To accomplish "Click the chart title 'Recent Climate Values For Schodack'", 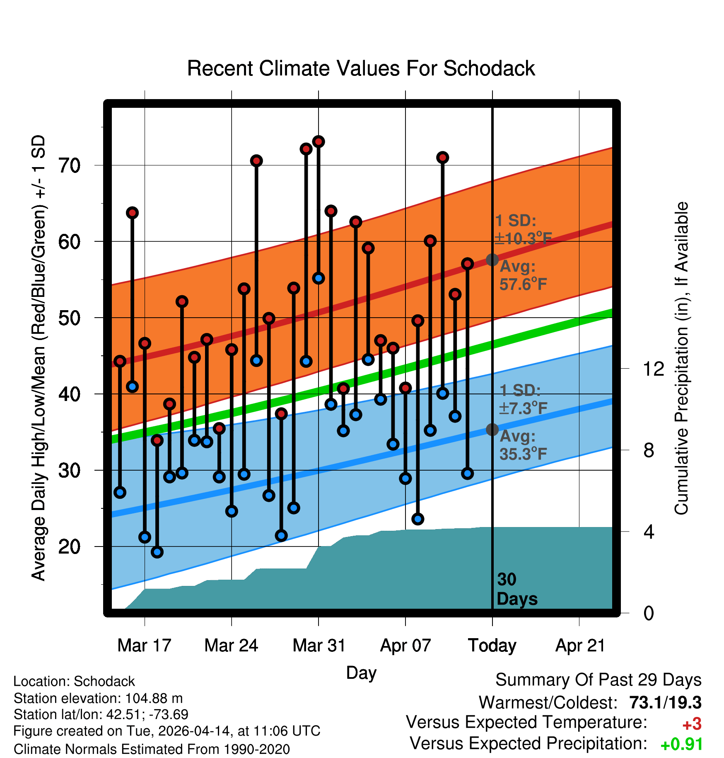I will tap(361, 68).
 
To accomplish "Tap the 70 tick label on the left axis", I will tap(70, 166).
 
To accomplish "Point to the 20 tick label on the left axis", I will tap(70, 547).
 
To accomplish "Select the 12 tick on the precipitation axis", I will tap(653, 369).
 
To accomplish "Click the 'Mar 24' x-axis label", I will tap(231, 646).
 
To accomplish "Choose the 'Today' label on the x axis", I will tap(492, 646).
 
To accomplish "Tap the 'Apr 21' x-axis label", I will tap(580, 646).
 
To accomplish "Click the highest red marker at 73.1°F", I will tap(319, 142).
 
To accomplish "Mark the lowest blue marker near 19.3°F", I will tap(157, 552).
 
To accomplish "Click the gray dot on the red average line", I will tap(492, 260).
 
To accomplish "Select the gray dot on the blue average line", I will tap(492, 430).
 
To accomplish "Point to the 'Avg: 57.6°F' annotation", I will tap(523, 275).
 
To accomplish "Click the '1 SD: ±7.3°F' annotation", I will tap(523, 399).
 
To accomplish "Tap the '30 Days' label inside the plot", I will tap(516, 589).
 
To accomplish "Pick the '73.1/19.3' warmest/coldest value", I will tap(665, 702).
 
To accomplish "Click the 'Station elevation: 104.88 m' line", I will tap(98, 698).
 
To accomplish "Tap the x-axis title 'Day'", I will tap(361, 673).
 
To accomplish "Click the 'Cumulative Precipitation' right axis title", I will tap(681, 358).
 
